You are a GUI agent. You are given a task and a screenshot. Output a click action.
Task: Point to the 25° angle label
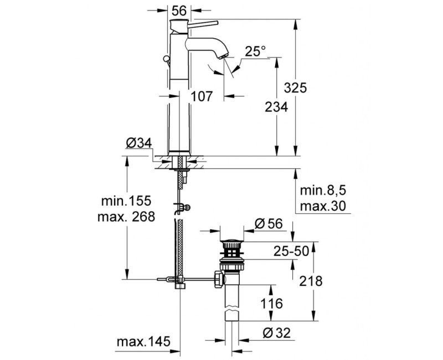(x=256, y=52)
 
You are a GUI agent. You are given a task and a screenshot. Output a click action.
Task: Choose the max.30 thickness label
(x=323, y=207)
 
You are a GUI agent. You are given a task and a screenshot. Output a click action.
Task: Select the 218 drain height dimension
(x=310, y=281)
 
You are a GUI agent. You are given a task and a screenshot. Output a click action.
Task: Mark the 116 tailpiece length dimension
(x=270, y=304)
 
